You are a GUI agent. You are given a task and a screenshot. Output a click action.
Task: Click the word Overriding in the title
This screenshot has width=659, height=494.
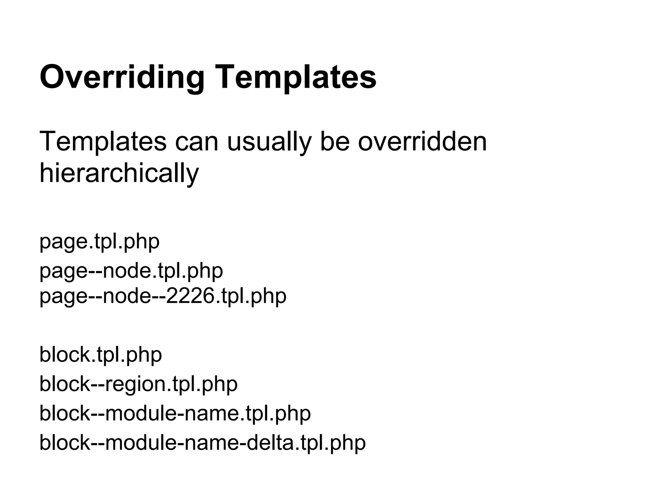pos(122,77)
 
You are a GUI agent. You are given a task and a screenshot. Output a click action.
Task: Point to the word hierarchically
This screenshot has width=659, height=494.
pos(119,173)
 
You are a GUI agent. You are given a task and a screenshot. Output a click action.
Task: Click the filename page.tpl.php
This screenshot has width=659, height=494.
pos(99,242)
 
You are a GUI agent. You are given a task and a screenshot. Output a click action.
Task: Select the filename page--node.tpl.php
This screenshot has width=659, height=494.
pos(131,271)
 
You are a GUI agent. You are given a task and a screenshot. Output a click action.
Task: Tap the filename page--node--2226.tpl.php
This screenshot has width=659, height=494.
pos(163,296)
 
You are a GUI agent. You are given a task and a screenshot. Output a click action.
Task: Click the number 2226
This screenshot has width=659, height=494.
pos(189,296)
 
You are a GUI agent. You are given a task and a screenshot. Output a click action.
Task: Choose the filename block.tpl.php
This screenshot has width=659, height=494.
pos(100,355)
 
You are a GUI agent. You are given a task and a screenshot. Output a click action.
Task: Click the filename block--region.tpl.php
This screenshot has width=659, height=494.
pos(138,384)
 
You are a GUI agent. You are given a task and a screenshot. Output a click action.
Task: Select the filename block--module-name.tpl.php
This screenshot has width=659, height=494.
pos(175,413)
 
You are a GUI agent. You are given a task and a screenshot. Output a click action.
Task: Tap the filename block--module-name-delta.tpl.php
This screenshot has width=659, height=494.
pos(202,443)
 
